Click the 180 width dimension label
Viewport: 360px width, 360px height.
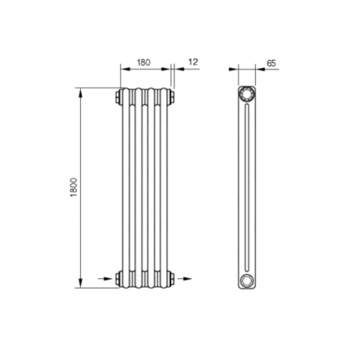pyautogui.click(x=143, y=62)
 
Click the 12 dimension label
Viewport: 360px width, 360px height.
pyautogui.click(x=193, y=62)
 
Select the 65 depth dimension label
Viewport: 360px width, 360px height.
pyautogui.click(x=271, y=63)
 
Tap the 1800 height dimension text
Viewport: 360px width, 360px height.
pyautogui.click(x=74, y=187)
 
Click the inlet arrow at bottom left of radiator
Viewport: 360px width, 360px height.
pyautogui.click(x=105, y=278)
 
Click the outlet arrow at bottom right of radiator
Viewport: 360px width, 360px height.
pyautogui.click(x=185, y=278)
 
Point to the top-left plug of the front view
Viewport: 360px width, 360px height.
pyautogui.click(x=118, y=97)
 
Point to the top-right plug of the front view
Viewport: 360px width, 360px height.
pyautogui.click(x=172, y=97)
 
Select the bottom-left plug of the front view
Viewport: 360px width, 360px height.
pyautogui.click(x=118, y=278)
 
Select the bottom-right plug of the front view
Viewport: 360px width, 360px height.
pyautogui.click(x=172, y=278)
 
